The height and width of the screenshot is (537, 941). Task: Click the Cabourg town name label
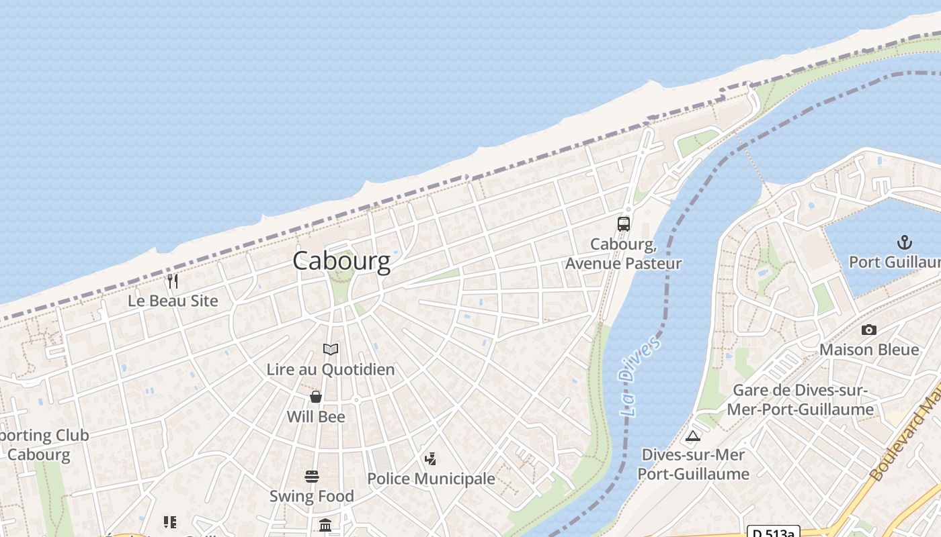coord(341,260)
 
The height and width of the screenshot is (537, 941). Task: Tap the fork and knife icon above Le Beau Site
coord(173,281)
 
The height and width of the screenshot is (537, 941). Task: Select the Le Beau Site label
coord(173,301)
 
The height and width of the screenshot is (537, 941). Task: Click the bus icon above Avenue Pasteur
coord(624,224)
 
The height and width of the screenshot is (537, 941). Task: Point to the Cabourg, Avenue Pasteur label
coord(623,254)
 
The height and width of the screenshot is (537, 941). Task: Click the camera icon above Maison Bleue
coord(869,330)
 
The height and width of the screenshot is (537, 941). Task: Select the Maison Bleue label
coord(869,350)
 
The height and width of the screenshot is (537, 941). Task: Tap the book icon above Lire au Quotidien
coord(330,349)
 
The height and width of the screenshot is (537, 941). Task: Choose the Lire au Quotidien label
coord(331,369)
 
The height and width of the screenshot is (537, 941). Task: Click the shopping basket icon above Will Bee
coord(316,397)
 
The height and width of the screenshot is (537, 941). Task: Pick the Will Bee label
coord(316,417)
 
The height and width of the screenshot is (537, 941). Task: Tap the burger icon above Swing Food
coord(312,477)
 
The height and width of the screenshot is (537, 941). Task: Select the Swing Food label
coord(312,497)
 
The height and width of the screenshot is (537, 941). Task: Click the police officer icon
coord(430,459)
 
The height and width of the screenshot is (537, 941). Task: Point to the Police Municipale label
coord(431,479)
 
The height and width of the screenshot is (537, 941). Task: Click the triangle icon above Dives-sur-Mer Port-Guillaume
coord(693,436)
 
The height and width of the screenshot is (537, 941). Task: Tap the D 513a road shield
coord(773,532)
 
